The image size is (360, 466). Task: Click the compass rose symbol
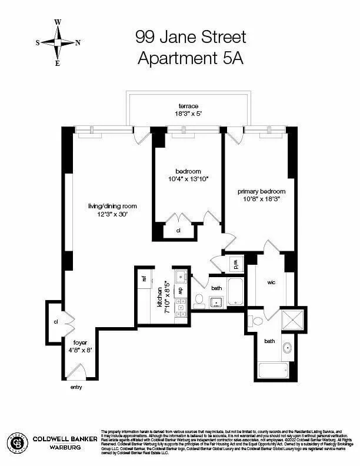coord(58,42)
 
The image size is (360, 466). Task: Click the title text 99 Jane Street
coord(190,38)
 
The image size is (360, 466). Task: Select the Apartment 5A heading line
coord(190,58)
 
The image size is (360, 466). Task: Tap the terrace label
coord(189,106)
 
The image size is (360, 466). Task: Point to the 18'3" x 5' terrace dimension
coord(189,114)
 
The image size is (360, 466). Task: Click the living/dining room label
coord(112,206)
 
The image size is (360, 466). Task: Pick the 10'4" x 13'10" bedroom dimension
coord(188,179)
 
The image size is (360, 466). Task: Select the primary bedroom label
coord(261,191)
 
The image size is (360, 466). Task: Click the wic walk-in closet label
coord(271,282)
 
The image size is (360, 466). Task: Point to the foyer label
coord(79,342)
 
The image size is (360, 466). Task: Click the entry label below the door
coord(76,387)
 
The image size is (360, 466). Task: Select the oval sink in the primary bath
coord(288,348)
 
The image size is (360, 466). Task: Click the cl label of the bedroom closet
coord(179,231)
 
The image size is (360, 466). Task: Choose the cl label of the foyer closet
coord(56,322)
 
